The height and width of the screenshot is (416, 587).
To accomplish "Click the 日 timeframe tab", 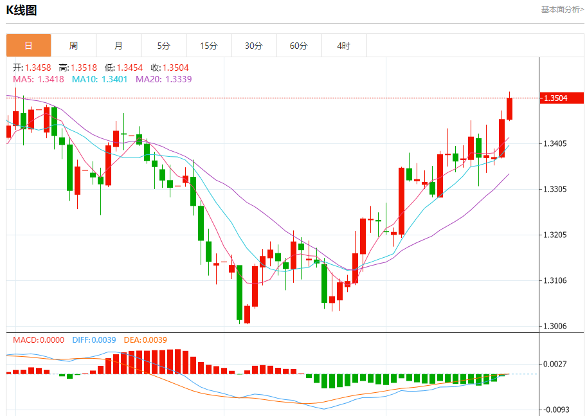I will click(x=28, y=46).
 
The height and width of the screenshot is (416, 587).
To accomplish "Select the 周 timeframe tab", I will click(x=73, y=46).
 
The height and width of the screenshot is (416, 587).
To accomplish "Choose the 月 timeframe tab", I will click(x=118, y=46).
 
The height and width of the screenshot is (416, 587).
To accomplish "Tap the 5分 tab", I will click(x=163, y=46).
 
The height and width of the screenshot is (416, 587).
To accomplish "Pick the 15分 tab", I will click(x=208, y=46).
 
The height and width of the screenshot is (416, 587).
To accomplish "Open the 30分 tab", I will click(x=253, y=46).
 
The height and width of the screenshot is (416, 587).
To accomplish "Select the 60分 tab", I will click(x=298, y=46).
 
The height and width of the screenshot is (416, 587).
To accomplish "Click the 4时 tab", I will click(x=343, y=46).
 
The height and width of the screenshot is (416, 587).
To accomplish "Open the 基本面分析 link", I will click(x=562, y=10).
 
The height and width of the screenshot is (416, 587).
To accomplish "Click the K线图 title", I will click(x=21, y=10).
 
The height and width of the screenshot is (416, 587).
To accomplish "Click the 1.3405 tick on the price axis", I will click(x=555, y=143).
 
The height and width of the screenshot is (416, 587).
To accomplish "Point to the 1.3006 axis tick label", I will click(x=555, y=326).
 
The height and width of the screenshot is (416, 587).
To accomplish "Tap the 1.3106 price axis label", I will click(x=555, y=280).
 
